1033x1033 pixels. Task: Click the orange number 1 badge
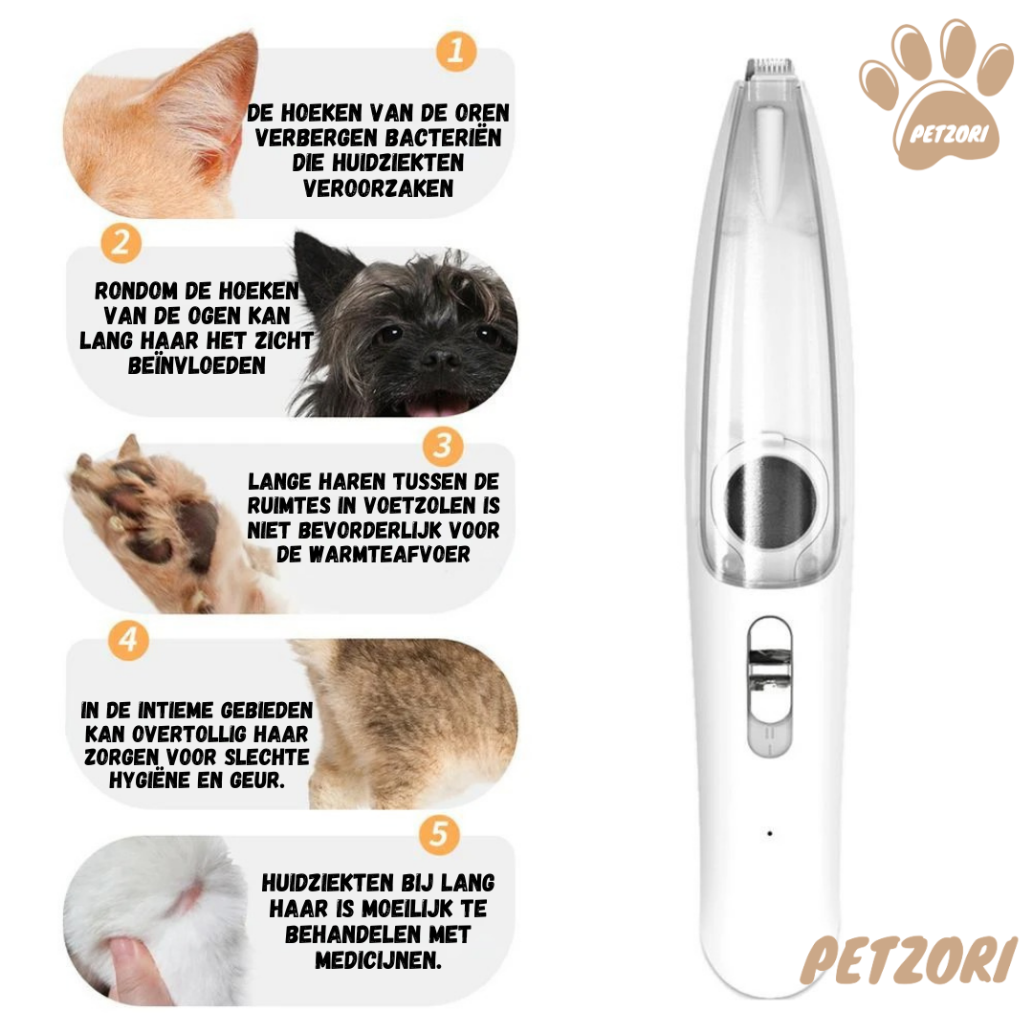click(456, 51)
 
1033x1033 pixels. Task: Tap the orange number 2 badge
click(121, 243)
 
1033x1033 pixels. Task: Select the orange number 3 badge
click(443, 446)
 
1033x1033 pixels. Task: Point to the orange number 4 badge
click(128, 639)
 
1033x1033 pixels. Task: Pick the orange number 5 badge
click(439, 835)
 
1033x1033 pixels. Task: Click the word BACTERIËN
click(444, 139)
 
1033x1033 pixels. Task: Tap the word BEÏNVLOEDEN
click(197, 365)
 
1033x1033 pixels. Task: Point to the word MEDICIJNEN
click(378, 960)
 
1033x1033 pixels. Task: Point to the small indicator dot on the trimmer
click(769, 833)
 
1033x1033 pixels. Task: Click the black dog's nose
click(440, 359)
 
